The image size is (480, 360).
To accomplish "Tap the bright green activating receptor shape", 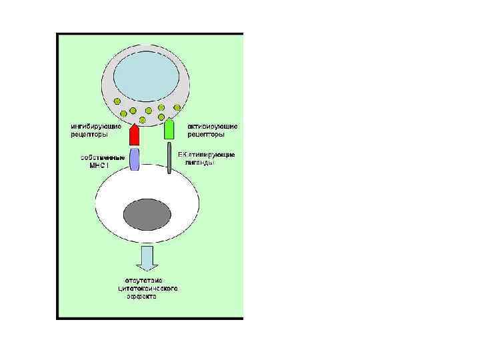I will coord(170,129).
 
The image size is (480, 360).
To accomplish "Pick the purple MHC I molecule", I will coord(134,159).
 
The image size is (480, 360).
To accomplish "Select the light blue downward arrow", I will coord(147,257).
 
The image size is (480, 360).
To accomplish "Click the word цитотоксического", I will coord(147,288).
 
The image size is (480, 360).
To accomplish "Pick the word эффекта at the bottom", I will coord(142,297).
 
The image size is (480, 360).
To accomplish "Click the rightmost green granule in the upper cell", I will coord(178,107).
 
